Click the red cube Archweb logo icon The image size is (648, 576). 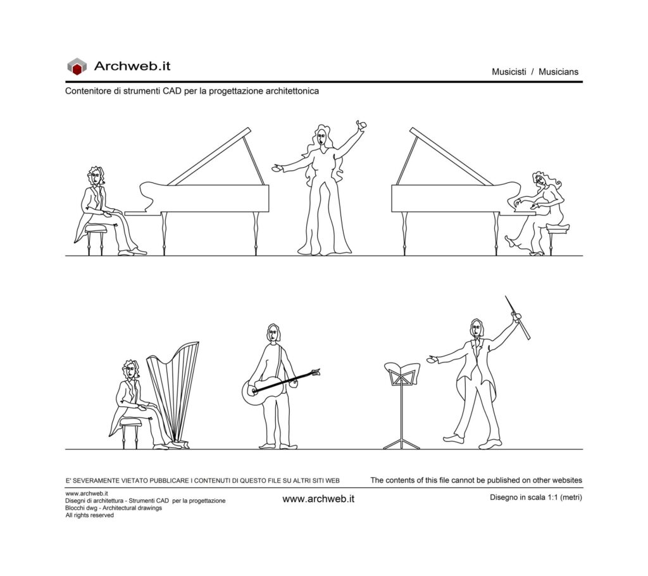click(77, 66)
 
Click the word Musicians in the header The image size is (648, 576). click(558, 72)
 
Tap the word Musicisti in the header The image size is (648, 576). click(509, 72)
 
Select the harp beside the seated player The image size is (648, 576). click(173, 393)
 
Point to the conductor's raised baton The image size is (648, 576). click(517, 318)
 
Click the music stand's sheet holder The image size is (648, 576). click(402, 373)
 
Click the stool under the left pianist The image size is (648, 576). click(96, 239)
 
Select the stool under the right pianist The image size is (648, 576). click(557, 238)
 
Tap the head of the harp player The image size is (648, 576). click(131, 369)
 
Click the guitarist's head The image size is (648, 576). click(273, 334)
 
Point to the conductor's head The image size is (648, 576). click(477, 329)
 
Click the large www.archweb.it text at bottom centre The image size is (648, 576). click(318, 499)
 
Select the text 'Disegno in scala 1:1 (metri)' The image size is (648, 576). click(535, 498)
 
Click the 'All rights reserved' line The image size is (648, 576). click(89, 515)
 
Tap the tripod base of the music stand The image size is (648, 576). click(402, 444)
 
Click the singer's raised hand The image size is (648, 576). click(361, 125)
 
